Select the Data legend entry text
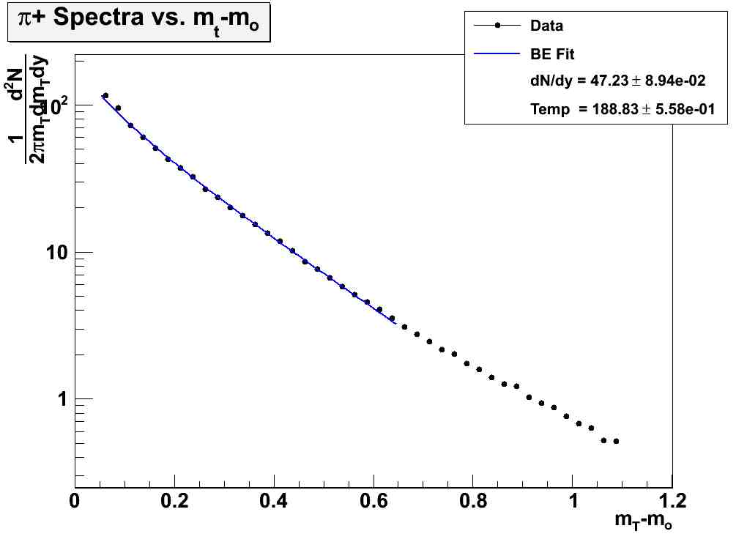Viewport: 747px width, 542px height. [546, 26]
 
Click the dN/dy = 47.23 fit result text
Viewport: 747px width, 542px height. [617, 81]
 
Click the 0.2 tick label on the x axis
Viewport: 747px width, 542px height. [174, 502]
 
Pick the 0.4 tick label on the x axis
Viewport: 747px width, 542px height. [273, 502]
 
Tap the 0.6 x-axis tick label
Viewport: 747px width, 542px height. [373, 502]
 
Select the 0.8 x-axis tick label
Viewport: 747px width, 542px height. [473, 502]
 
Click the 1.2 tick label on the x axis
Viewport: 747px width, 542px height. [672, 502]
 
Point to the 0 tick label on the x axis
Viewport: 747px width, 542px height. [74, 502]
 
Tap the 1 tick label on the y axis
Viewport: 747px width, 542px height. [62, 399]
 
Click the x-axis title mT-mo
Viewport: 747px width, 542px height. [643, 522]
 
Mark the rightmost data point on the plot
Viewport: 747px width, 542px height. [616, 441]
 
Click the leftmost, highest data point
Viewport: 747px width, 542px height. [105, 96]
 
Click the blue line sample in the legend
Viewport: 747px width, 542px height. [497, 53]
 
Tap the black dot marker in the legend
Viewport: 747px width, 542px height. [497, 26]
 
